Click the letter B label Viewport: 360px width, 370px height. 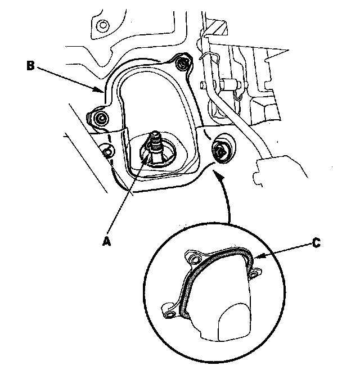[31, 65]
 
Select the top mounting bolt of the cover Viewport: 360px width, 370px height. [182, 64]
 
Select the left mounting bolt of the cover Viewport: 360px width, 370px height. [101, 119]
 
